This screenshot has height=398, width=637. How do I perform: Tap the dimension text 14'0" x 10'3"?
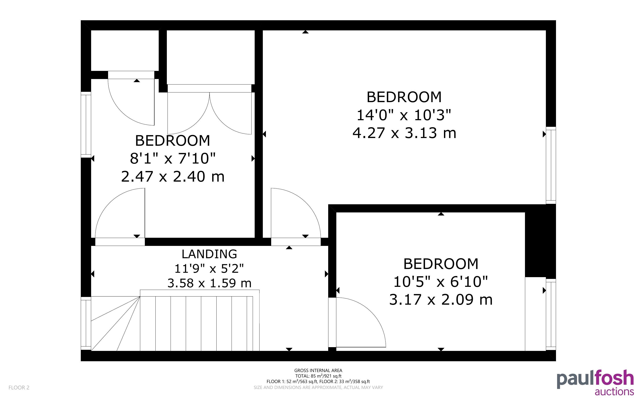[x=404, y=115]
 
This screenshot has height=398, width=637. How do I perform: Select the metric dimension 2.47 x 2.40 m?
[x=173, y=176]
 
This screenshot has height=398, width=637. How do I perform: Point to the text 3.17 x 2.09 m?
[x=441, y=300]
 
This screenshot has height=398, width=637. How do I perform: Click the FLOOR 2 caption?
[x=19, y=387]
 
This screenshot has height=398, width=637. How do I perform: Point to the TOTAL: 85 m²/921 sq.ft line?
[x=318, y=376]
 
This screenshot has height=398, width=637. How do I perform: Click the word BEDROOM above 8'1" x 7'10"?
[x=173, y=141]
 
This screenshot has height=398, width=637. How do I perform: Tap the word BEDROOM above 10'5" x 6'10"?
[x=441, y=264]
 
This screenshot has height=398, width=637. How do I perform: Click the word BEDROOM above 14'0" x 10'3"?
[x=404, y=97]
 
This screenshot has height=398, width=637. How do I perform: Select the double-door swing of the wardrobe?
[x=210, y=113]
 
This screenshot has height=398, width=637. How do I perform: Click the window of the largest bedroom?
[x=551, y=165]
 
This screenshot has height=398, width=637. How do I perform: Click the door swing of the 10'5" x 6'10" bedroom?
[x=361, y=322]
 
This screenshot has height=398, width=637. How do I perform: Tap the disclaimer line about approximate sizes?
[x=318, y=387]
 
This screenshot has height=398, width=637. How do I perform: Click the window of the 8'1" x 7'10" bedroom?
[x=86, y=125]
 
